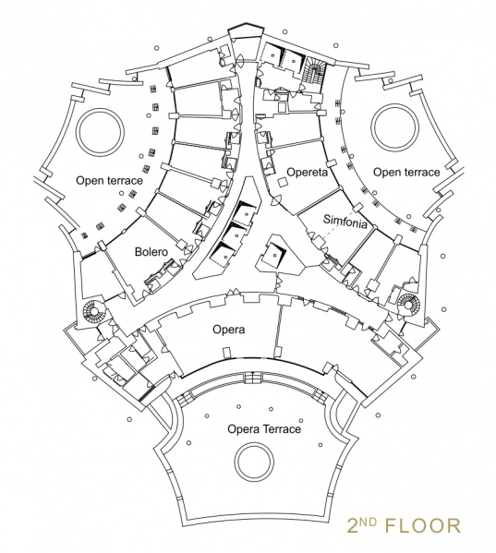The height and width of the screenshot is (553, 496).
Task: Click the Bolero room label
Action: pos(151,252)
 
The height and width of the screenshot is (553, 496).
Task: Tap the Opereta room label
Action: pos(307,172)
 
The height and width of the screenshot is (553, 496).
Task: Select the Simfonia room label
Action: pos(345,222)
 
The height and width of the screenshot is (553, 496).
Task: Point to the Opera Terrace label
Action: pos(264,429)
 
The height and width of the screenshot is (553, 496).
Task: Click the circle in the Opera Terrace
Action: pos(235,461)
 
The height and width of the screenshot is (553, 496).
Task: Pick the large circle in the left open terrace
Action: pos(79,132)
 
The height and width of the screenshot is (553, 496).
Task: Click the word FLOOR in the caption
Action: pos(423,525)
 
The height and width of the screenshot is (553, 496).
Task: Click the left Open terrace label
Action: pos(109,181)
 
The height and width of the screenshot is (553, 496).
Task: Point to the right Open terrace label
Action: pos(406,172)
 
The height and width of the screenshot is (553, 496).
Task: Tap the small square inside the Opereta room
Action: pos(283,183)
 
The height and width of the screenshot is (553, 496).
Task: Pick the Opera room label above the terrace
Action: pos(228,330)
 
